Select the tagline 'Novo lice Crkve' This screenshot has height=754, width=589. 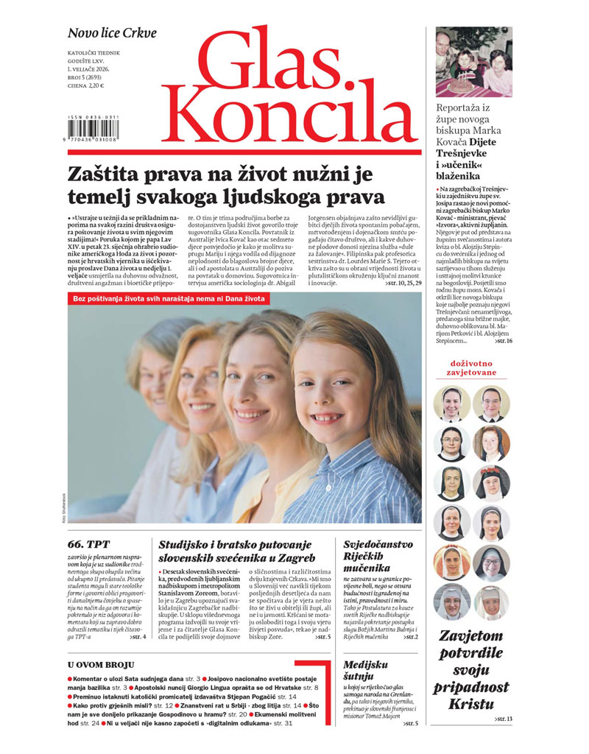click(112, 33)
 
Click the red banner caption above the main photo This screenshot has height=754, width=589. click(170, 299)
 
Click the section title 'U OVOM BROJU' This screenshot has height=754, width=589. click(102, 665)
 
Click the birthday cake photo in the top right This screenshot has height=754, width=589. click(473, 62)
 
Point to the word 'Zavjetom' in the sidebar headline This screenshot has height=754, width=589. click(472, 636)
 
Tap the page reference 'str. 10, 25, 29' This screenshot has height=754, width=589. click(402, 283)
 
